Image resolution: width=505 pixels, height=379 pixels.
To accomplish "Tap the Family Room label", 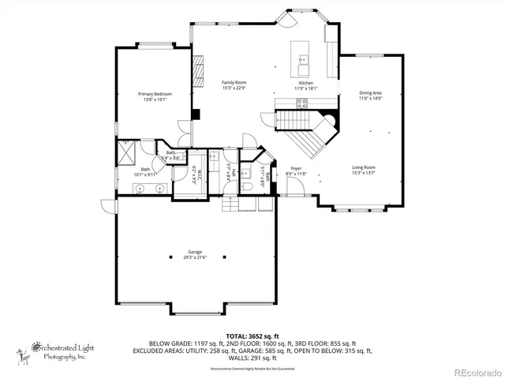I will coord(234,82).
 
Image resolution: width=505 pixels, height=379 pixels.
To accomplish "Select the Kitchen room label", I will coord(306,83).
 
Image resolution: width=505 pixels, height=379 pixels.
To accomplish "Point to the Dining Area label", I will coord(371,93).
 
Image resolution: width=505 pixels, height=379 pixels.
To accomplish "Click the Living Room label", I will coord(363,167).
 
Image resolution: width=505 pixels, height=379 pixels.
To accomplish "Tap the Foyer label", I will coord(296,168).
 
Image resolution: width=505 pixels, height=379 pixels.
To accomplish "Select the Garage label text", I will coord(195,252).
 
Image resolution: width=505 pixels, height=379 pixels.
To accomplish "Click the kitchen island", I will coord(302,54).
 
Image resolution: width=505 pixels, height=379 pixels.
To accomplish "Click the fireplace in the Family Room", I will coord(200,67).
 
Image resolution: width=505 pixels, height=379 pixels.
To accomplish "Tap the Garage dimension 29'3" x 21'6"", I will coord(195,257).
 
